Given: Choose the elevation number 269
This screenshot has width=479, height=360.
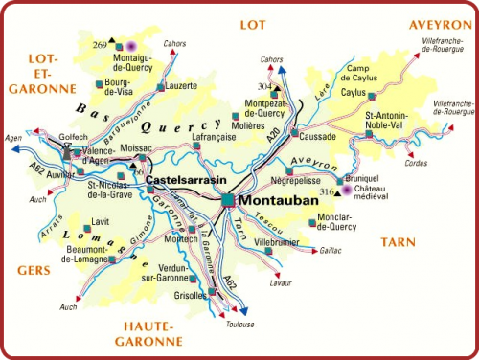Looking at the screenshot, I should click(100, 43).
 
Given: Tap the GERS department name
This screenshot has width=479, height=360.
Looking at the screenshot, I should click(34, 270).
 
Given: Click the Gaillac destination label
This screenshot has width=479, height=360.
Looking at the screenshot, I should click(330, 250).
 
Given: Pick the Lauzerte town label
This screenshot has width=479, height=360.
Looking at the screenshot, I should click(181, 86).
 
